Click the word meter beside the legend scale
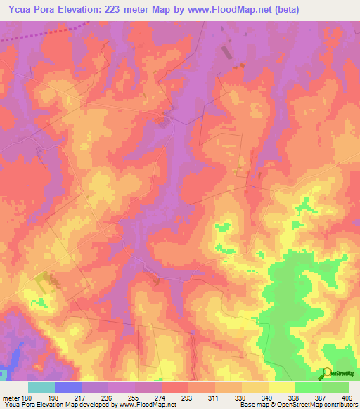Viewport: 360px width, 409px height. coord(12,397)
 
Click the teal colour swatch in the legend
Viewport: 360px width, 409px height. coord(41,387)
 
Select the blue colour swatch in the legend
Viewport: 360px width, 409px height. coord(68,387)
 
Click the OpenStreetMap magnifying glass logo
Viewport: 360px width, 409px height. coord(327,372)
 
